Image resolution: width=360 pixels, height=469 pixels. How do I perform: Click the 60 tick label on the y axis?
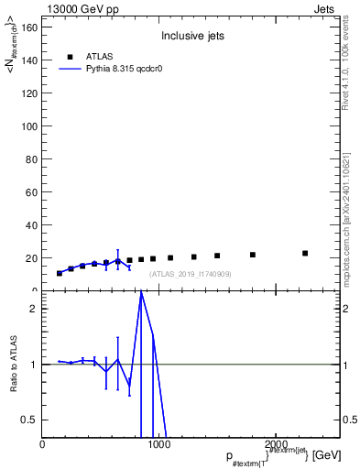(30, 192)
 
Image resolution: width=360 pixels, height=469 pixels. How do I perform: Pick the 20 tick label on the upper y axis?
(30, 258)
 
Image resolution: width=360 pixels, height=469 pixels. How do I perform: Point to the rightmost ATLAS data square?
(305, 253)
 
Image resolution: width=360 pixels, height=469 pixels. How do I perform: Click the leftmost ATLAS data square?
(60, 273)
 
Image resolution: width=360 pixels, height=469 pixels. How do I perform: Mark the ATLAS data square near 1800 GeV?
(253, 255)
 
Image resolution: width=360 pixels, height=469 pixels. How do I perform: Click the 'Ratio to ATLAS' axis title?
(15, 364)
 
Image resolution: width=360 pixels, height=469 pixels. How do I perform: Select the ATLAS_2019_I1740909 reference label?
(191, 274)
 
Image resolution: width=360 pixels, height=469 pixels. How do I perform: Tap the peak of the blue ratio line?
(141, 293)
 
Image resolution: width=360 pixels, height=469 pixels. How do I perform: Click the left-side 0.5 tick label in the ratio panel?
(27, 420)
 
